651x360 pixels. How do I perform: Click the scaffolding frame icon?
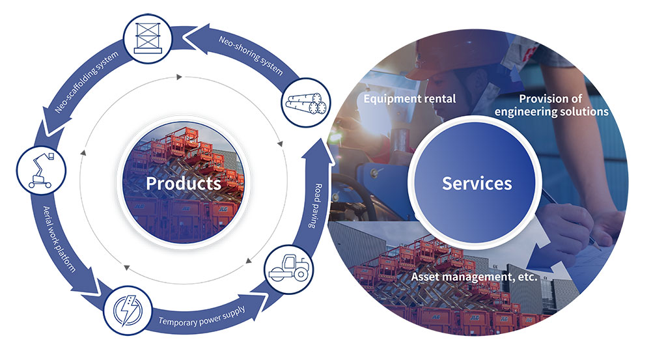click(147, 38)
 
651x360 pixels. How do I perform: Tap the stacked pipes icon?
click(306, 103)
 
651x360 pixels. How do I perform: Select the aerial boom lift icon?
click(42, 171)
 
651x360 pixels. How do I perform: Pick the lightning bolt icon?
click(128, 310)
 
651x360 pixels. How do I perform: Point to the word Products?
click(183, 183)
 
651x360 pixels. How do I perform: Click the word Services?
click(477, 183)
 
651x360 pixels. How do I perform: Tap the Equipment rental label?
click(409, 99)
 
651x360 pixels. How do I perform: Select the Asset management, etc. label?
click(474, 277)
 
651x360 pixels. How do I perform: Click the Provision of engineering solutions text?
click(551, 105)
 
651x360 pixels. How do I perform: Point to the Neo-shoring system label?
click(251, 55)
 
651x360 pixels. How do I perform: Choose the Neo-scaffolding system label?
click(87, 82)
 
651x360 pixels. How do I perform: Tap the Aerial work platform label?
click(59, 239)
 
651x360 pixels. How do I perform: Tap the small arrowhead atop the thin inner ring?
click(179, 77)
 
